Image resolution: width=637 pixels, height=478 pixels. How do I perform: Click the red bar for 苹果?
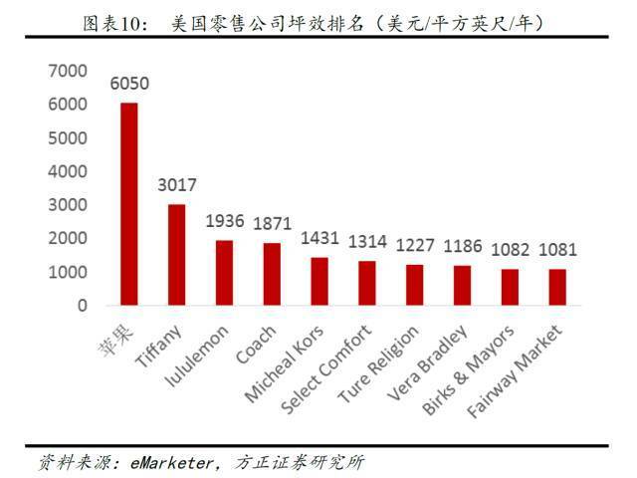point(129,204)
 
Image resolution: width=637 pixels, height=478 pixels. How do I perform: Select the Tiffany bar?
point(177,255)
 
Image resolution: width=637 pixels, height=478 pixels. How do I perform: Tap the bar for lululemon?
point(224,273)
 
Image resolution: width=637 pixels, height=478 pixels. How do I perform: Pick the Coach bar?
point(272,274)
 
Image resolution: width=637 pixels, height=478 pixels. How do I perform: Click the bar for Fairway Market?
point(557,287)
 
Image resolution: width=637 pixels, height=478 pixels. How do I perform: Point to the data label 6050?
point(129,84)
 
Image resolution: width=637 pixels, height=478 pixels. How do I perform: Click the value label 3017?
point(177,185)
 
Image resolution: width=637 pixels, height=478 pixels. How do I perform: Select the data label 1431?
point(319,238)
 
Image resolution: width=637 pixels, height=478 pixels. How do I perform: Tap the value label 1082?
point(510,250)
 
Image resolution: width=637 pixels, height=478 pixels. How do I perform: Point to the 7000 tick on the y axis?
point(68,71)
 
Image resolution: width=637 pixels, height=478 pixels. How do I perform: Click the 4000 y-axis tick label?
point(68,171)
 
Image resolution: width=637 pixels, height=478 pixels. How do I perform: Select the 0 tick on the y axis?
point(83,306)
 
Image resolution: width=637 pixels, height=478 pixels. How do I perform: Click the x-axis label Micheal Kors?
point(285,363)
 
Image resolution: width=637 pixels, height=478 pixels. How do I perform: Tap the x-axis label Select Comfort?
point(325,369)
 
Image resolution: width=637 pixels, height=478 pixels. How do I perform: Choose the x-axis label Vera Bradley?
point(427,362)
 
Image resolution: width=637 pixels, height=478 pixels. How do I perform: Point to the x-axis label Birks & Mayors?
point(468,369)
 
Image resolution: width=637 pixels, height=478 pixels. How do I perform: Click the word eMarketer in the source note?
point(171,462)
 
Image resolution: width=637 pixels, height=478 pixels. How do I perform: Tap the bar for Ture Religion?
point(414,285)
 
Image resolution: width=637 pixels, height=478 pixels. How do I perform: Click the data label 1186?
point(462,246)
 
